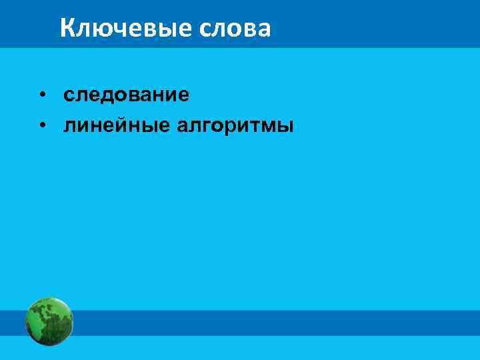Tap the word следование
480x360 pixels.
point(127,95)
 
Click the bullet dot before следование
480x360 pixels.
point(42,95)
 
